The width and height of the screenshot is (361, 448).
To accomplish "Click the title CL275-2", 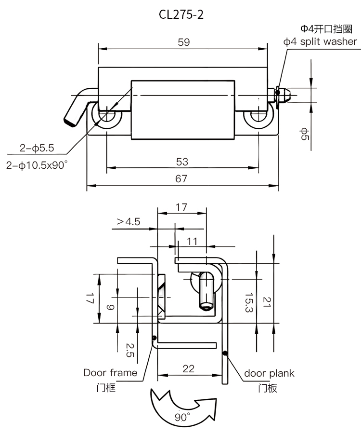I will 181,14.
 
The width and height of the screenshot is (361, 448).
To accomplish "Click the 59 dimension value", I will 183,42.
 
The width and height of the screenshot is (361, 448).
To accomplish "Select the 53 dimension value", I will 182,162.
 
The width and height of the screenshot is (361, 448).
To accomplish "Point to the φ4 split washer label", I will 320,41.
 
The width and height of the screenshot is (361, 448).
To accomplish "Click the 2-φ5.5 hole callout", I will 37,148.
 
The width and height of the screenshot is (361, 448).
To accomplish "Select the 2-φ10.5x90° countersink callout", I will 37,165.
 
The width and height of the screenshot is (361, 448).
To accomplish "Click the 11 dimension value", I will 192,242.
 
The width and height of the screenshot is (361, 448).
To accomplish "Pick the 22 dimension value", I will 189,368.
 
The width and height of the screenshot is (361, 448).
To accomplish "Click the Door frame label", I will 110,372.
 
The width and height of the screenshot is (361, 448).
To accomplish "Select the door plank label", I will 269,373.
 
